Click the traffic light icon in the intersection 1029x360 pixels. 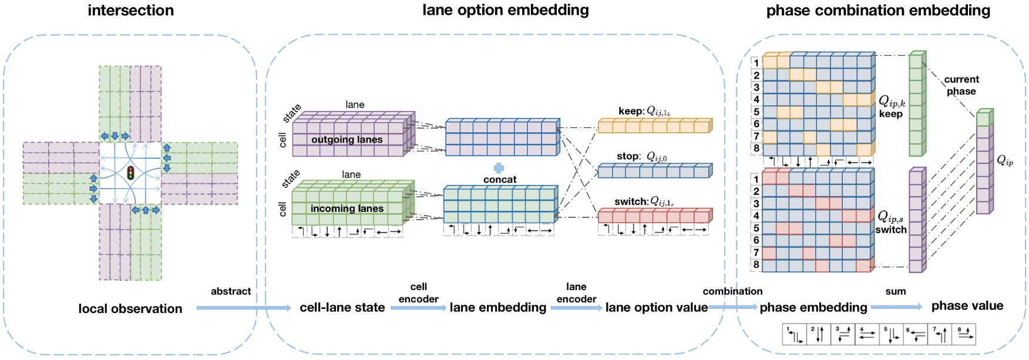click(130, 173)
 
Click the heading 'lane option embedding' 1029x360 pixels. click(505, 10)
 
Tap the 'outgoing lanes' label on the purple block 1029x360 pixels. click(347, 139)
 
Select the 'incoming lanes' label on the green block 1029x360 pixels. click(347, 208)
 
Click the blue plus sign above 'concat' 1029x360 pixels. click(499, 168)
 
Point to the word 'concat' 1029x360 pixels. click(500, 180)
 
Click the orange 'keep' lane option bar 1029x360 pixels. click(654, 126)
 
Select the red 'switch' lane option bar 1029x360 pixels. click(654, 216)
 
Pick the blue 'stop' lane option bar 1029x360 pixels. click(654, 171)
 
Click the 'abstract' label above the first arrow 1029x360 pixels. click(231, 291)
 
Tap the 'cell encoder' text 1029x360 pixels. click(418, 292)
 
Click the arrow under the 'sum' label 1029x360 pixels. click(896, 307)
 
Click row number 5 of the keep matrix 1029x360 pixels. click(756, 112)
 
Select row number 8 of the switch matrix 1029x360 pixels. click(756, 265)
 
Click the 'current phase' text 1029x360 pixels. click(961, 85)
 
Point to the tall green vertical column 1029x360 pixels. click(916, 104)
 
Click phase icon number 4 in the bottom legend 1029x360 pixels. click(866, 334)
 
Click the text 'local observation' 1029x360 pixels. click(130, 309)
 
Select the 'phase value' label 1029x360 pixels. click(967, 306)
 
